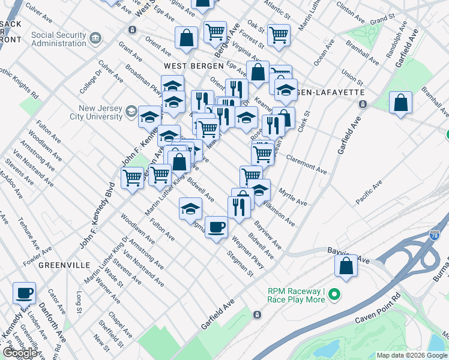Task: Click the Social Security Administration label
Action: (x=59, y=39)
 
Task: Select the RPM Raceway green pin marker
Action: (x=335, y=295)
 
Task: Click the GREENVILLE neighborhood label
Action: (x=64, y=265)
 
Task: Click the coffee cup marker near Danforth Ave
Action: (x=25, y=293)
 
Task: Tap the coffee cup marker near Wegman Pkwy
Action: (x=217, y=227)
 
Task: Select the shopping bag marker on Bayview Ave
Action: (x=346, y=266)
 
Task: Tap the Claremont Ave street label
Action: (x=306, y=166)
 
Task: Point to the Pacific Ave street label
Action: (x=368, y=192)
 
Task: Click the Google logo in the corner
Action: (x=19, y=353)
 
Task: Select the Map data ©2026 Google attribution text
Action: (x=412, y=355)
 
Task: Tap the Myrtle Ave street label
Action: (x=293, y=196)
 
